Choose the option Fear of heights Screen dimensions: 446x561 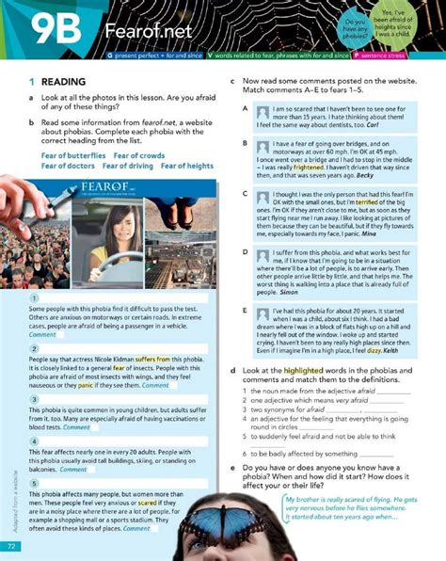pos(187,166)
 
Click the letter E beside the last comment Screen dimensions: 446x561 pos(245,310)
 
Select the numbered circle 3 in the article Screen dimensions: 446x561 pos(34,398)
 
